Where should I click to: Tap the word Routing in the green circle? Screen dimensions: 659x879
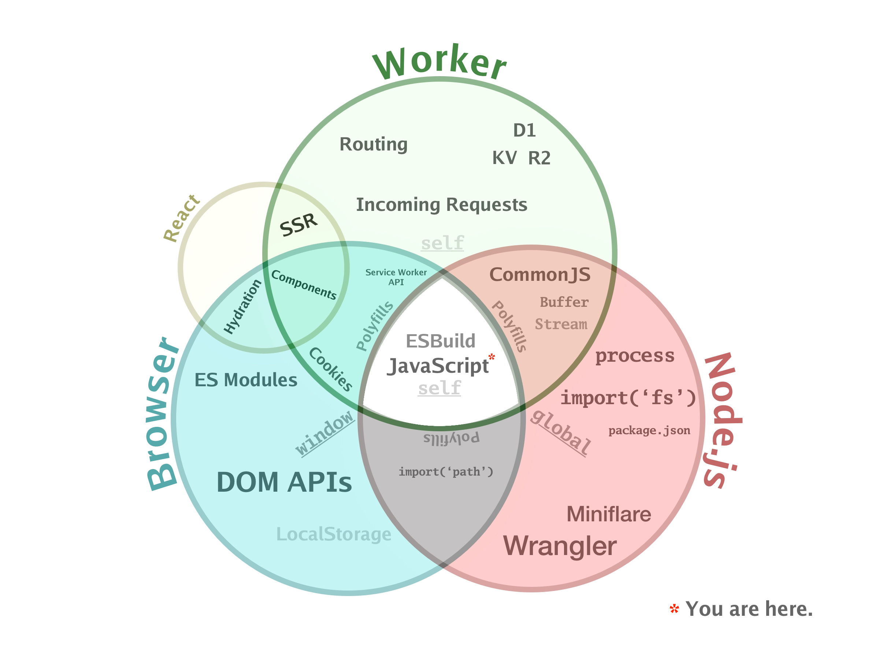click(x=373, y=145)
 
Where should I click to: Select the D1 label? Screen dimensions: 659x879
click(x=524, y=130)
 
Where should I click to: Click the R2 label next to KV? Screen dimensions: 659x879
click(x=539, y=158)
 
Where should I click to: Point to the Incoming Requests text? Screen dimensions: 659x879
click(x=441, y=205)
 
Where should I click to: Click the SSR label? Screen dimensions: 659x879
click(x=298, y=225)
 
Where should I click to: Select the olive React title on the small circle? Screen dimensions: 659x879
click(x=181, y=218)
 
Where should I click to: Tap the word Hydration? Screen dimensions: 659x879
click(x=242, y=306)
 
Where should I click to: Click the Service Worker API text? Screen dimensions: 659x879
click(x=396, y=277)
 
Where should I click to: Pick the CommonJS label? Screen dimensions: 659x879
click(x=539, y=275)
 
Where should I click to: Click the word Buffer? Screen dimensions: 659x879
click(x=564, y=302)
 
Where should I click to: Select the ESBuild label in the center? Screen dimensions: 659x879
click(x=440, y=341)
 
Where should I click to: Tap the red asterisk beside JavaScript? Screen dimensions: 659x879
click(x=492, y=357)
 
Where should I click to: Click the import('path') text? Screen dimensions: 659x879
click(x=446, y=472)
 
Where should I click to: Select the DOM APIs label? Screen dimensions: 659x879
click(x=284, y=483)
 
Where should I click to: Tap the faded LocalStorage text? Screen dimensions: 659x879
click(x=333, y=534)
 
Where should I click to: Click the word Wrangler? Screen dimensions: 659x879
click(x=560, y=546)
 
